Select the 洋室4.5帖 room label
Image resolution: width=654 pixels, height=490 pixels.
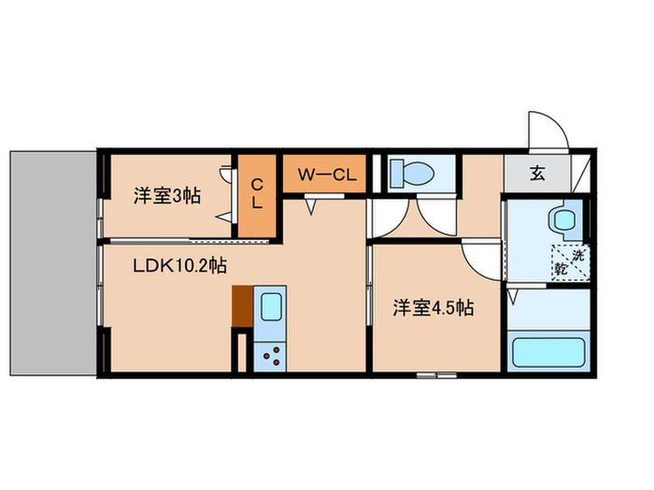pyautogui.click(x=431, y=307)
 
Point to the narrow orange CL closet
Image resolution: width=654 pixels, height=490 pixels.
pyautogui.click(x=256, y=194)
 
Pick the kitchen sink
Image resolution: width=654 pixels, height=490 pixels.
pyautogui.click(x=270, y=308)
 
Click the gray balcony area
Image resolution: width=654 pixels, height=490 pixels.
pyautogui.click(x=51, y=261)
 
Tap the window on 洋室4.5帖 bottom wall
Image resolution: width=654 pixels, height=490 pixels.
pyautogui.click(x=436, y=375)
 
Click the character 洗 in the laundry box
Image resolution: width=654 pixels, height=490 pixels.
pyautogui.click(x=580, y=253)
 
